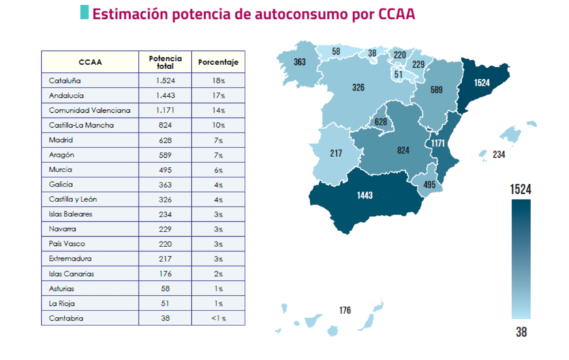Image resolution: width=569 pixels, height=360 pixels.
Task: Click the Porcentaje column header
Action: point(219,63)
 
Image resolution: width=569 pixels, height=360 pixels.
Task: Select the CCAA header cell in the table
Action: point(90,63)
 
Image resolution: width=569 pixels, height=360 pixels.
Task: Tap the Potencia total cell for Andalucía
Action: point(165,96)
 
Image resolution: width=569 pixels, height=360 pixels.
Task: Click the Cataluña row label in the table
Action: point(65,81)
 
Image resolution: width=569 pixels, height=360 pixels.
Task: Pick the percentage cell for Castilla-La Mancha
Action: point(218,125)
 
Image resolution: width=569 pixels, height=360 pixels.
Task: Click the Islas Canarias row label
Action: point(70,274)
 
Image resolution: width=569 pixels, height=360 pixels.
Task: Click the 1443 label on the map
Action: point(365,195)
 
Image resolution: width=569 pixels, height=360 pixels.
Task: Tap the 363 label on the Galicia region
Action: point(300,63)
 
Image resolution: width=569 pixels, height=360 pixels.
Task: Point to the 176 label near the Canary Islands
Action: point(345,310)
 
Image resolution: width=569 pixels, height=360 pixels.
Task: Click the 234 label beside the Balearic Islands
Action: point(499,155)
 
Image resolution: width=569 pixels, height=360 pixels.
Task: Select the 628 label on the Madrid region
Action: point(380,122)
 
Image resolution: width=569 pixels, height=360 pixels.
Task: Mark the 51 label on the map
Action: point(398,75)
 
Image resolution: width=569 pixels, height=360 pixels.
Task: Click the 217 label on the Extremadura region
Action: point(337,153)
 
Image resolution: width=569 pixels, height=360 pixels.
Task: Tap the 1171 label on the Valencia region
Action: point(437,143)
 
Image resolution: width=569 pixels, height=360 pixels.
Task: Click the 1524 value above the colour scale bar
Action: point(521,190)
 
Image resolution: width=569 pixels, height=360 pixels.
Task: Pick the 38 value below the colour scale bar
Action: point(521,333)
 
